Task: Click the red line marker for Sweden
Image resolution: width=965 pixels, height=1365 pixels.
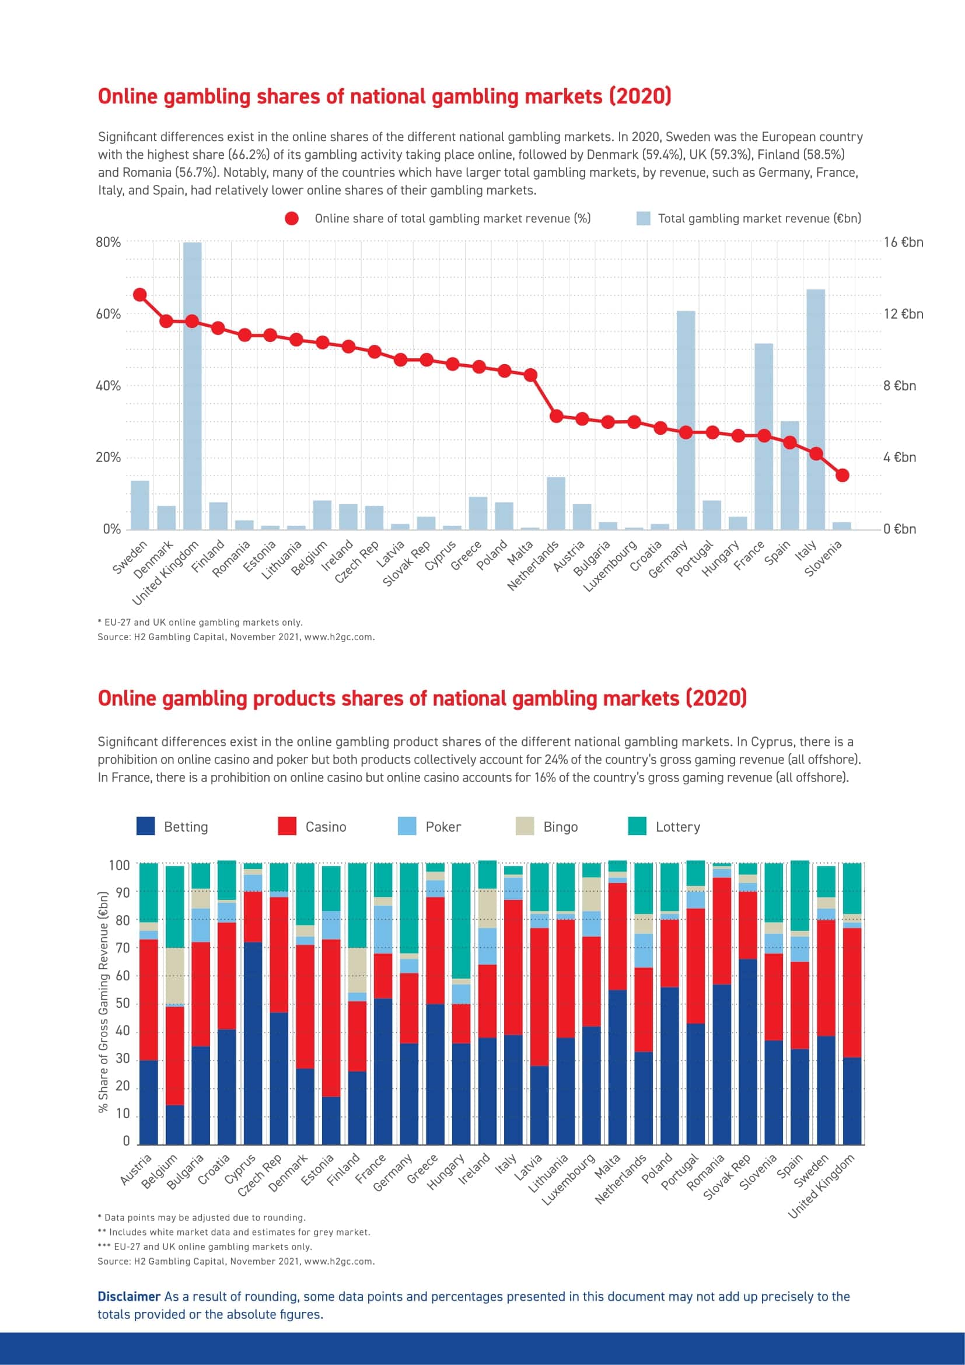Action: click(x=140, y=295)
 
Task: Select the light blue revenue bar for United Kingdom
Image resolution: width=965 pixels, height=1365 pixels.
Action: click(x=192, y=386)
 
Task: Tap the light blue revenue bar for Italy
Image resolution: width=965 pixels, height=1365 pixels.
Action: click(x=816, y=410)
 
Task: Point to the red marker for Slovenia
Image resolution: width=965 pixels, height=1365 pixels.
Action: click(x=842, y=475)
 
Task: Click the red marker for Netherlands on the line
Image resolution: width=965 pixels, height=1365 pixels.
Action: click(x=556, y=416)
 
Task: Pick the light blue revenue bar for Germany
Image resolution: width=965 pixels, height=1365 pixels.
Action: click(x=686, y=420)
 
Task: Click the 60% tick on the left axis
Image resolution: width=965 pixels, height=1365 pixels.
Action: click(x=108, y=314)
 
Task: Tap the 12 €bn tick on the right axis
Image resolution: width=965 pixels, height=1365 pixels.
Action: click(x=903, y=314)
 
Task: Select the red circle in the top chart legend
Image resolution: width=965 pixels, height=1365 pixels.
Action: click(x=291, y=219)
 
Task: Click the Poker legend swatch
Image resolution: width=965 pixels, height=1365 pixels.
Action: click(x=407, y=826)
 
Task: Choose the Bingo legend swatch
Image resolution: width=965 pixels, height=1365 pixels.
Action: click(x=525, y=826)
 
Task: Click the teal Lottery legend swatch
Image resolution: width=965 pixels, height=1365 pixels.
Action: click(x=637, y=826)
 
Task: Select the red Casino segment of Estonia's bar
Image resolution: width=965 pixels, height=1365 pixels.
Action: click(x=331, y=1018)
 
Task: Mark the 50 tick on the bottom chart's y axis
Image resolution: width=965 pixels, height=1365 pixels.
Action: click(x=123, y=1004)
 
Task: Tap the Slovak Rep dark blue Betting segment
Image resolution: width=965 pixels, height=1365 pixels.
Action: click(x=747, y=1052)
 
